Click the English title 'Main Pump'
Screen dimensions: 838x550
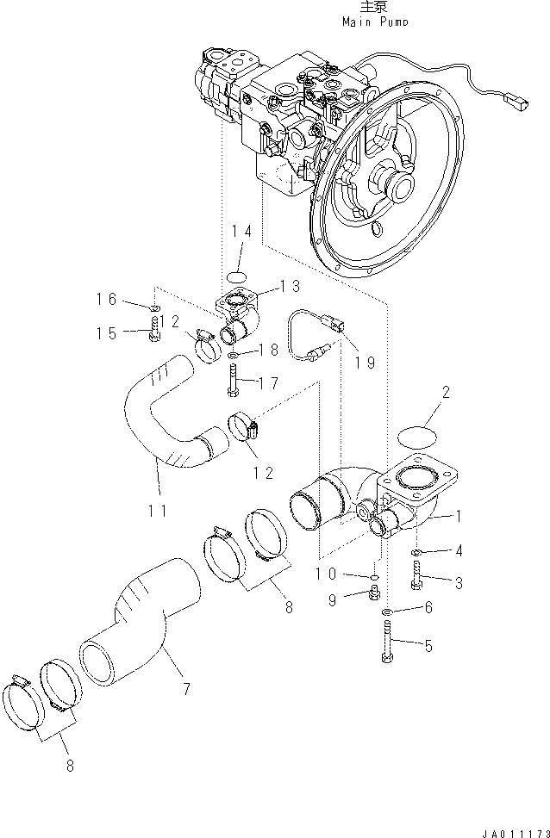[375, 22]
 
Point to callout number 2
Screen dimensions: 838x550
[445, 394]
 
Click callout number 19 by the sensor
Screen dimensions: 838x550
[364, 363]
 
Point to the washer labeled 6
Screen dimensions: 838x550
[388, 611]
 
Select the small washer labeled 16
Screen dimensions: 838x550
[153, 307]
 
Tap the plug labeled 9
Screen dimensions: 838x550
[375, 593]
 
